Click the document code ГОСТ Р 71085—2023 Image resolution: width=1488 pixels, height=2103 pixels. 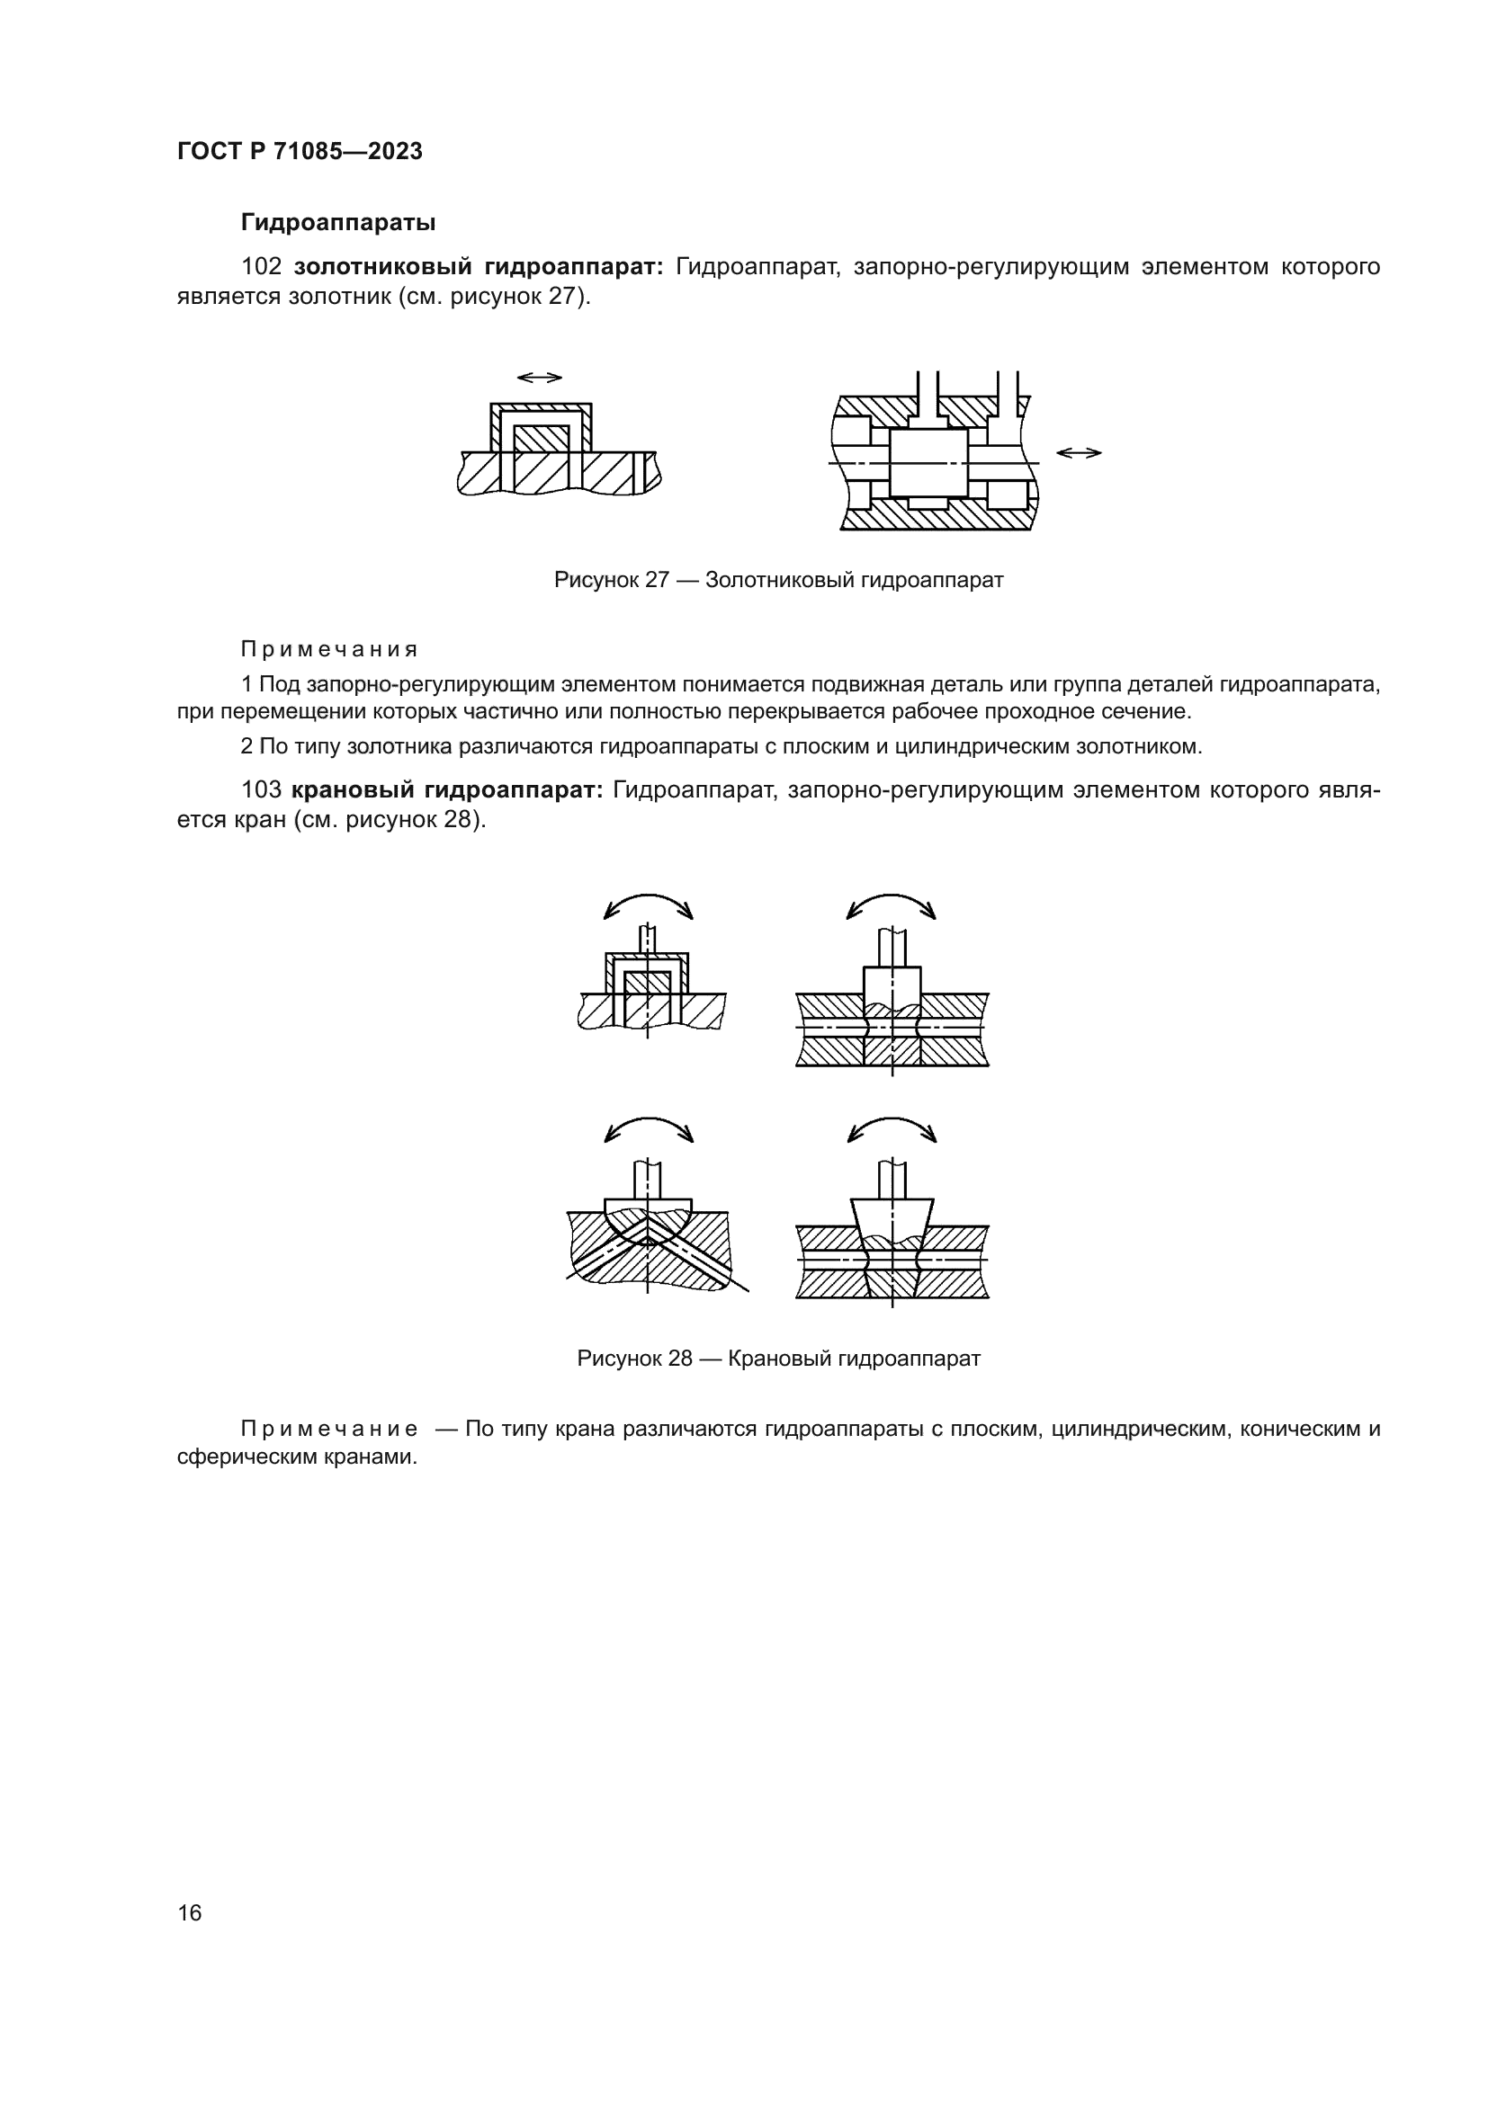(x=300, y=151)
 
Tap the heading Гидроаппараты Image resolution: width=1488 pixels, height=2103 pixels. (x=337, y=223)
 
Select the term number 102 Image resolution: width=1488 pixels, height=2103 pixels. (x=261, y=266)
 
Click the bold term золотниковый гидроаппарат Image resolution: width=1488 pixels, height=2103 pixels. (x=479, y=266)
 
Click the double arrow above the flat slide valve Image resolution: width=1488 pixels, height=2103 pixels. (x=539, y=378)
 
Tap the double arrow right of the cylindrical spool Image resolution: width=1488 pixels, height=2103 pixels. (x=1079, y=452)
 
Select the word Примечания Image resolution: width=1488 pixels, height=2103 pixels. (x=329, y=649)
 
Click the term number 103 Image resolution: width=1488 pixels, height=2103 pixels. (x=261, y=789)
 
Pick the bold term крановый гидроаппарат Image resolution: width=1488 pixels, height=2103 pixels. (x=446, y=789)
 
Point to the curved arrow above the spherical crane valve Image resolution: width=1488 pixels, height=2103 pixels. (x=649, y=1127)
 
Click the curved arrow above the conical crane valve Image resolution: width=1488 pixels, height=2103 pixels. (x=892, y=1127)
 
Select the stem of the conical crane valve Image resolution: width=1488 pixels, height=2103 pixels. (x=892, y=1180)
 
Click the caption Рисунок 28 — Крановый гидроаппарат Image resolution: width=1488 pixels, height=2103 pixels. (x=778, y=1359)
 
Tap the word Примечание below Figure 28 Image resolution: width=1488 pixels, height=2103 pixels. (x=329, y=1429)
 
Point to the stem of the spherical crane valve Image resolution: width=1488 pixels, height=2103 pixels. (x=647, y=1180)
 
